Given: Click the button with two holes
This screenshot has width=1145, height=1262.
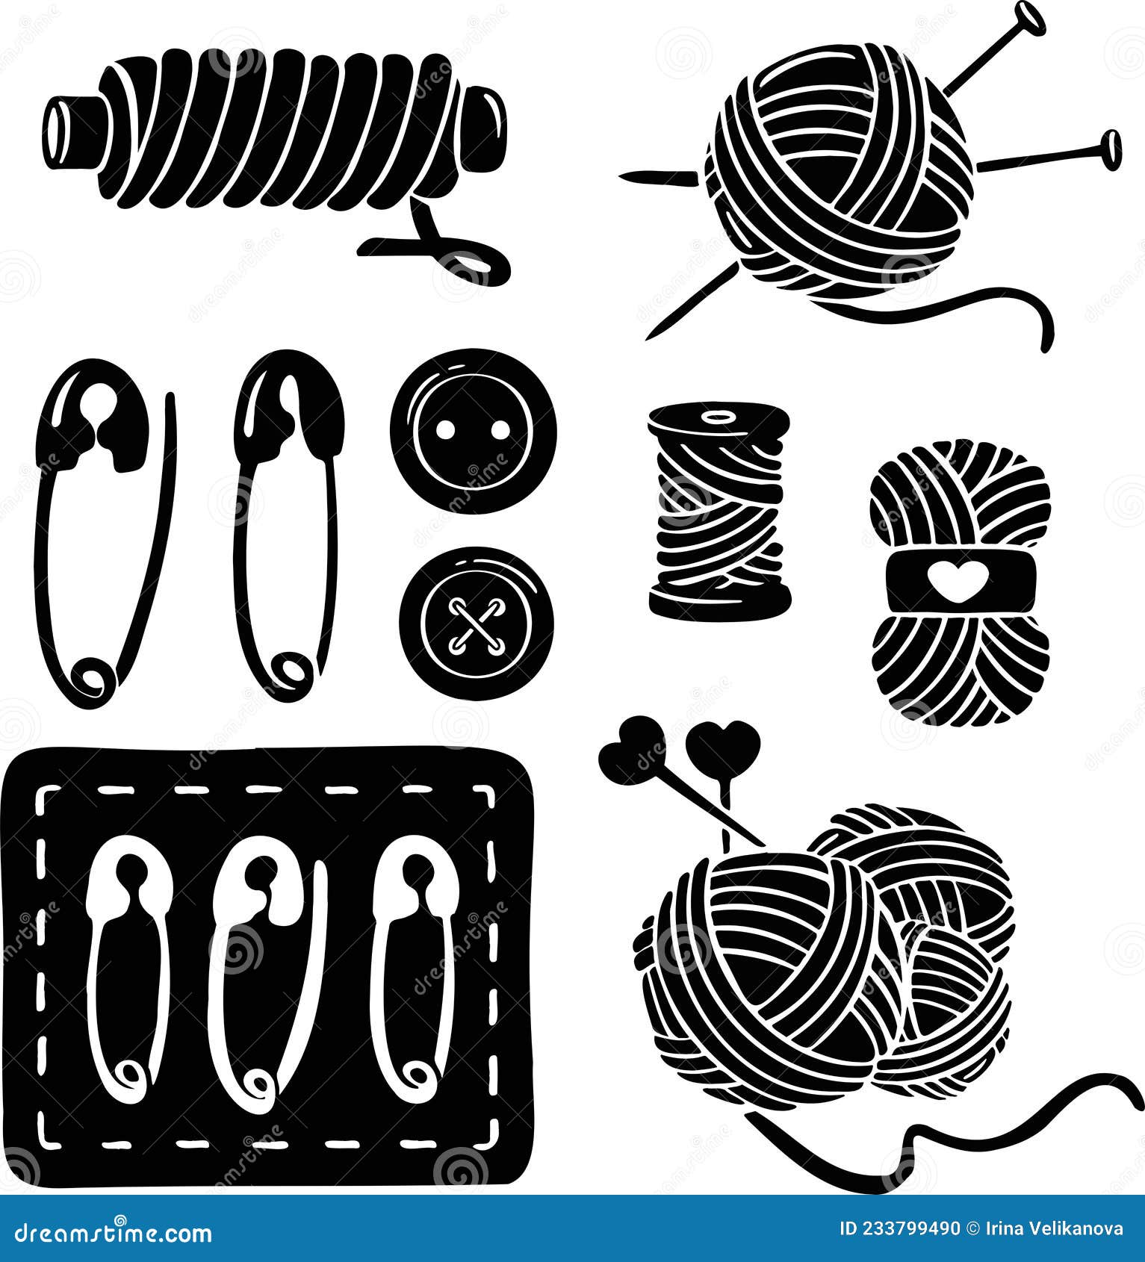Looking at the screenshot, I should (473, 431).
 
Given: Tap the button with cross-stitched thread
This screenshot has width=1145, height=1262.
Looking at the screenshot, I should (477, 623).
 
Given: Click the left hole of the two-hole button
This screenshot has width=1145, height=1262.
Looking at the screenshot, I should (446, 429).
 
